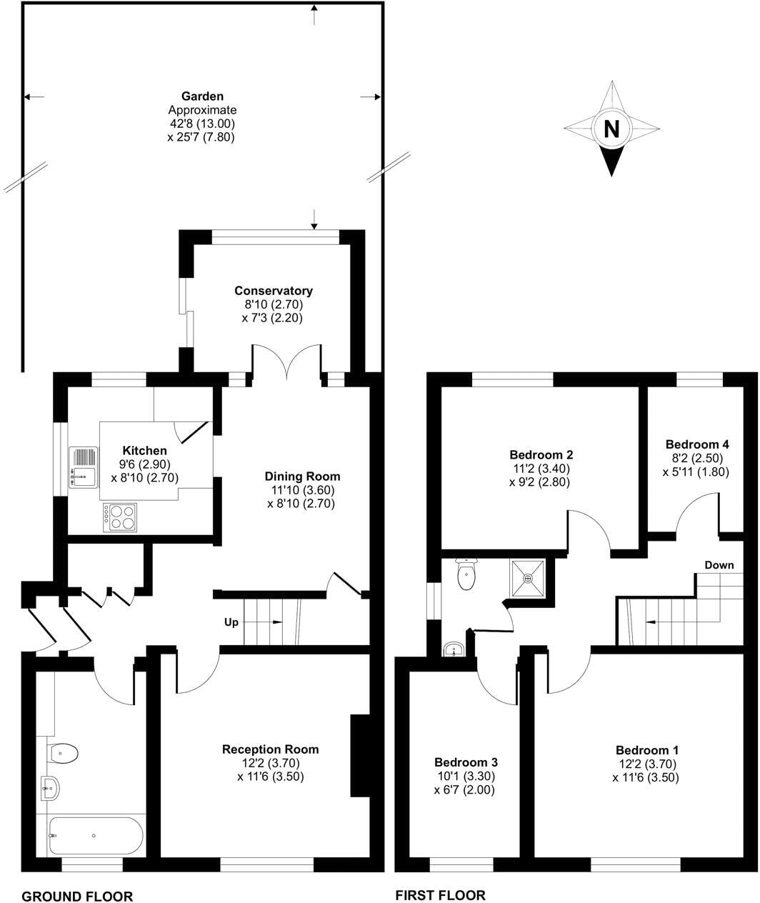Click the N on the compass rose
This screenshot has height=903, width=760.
pyautogui.click(x=611, y=129)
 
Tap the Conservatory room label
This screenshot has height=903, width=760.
pyautogui.click(x=273, y=291)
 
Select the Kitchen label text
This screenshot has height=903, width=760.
pyautogui.click(x=145, y=451)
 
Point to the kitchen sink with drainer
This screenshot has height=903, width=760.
pyautogui.click(x=84, y=467)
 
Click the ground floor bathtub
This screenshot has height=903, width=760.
pyautogui.click(x=96, y=835)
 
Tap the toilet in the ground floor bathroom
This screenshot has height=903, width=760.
pyautogui.click(x=63, y=752)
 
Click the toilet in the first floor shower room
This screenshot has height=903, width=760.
pyautogui.click(x=467, y=575)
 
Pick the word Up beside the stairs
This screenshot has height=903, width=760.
pyautogui.click(x=231, y=622)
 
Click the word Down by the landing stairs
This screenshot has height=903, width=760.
pyautogui.click(x=719, y=565)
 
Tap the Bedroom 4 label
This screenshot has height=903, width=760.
pyautogui.click(x=696, y=444)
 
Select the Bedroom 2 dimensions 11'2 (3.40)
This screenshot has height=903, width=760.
pyautogui.click(x=541, y=469)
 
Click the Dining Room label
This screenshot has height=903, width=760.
pyautogui.click(x=302, y=477)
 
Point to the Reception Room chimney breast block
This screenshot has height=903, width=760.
pyautogui.click(x=359, y=754)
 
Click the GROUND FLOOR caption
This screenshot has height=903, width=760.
pyautogui.click(x=77, y=896)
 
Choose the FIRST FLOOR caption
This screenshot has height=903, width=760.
pyautogui.click(x=440, y=895)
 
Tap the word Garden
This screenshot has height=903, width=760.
pyautogui.click(x=201, y=96)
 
